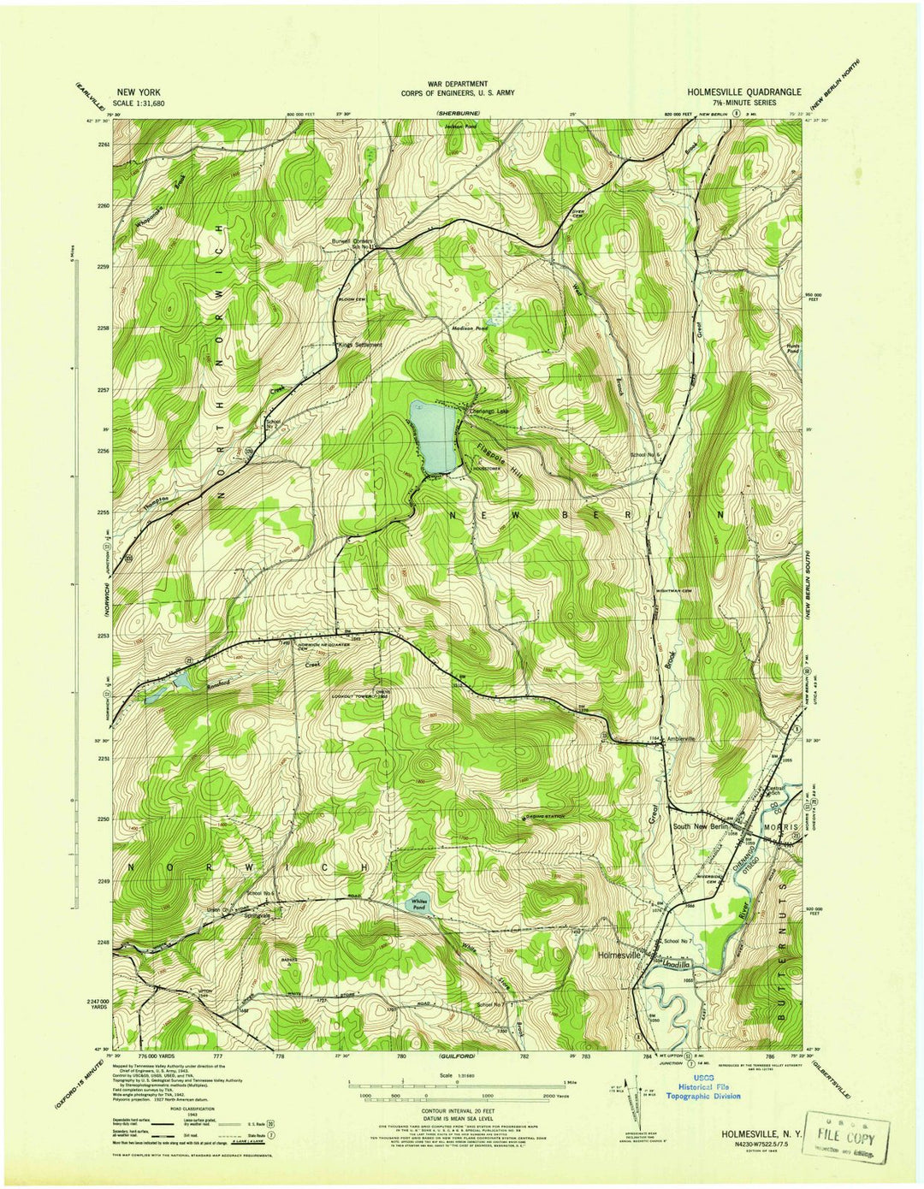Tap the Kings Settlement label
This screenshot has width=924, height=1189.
[359, 345]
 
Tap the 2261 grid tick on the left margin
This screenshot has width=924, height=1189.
[104, 145]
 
